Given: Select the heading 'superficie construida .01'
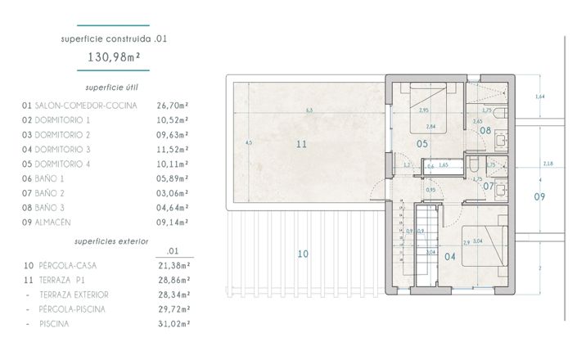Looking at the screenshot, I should (x=115, y=38).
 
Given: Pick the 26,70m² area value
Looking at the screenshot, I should (x=173, y=106).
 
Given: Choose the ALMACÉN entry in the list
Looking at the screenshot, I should (x=56, y=221).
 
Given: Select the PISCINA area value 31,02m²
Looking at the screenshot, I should (x=173, y=324).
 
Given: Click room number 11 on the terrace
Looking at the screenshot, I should (x=302, y=144).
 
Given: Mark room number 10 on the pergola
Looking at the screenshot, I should (x=302, y=254).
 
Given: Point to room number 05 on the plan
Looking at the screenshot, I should (x=423, y=144).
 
